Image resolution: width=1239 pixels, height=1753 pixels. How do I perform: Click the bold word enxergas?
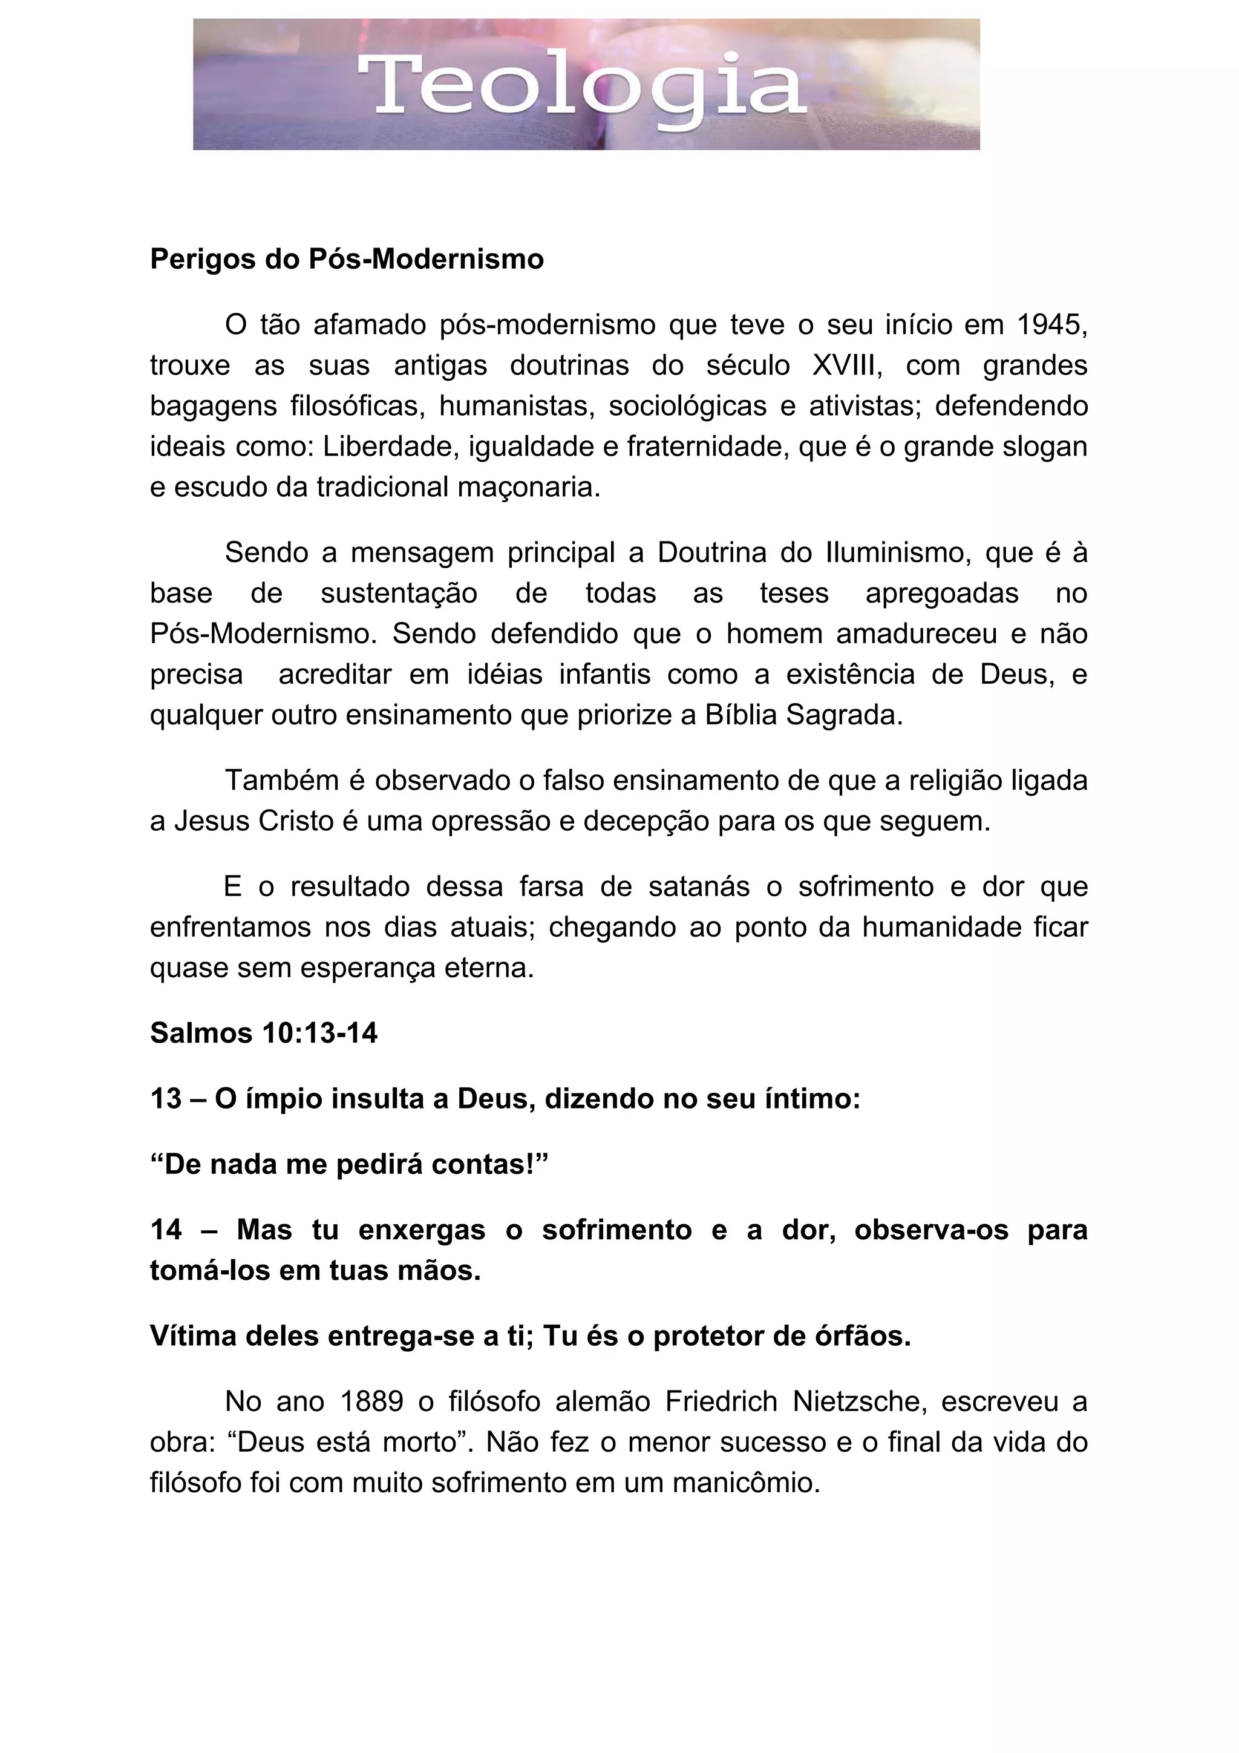(x=422, y=1230)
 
